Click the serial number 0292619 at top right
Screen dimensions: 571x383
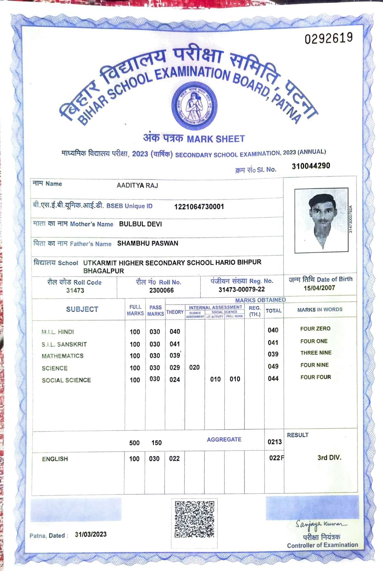click(328, 38)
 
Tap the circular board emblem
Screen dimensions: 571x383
click(194, 106)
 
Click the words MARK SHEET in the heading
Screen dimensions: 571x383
click(216, 139)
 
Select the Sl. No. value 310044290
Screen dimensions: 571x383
click(311, 166)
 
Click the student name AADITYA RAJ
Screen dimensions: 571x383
click(137, 185)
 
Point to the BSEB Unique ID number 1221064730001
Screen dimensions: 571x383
click(199, 207)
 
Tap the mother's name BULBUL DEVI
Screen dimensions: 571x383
click(140, 224)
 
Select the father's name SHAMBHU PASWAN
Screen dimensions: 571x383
click(148, 243)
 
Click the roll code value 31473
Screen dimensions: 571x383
click(75, 290)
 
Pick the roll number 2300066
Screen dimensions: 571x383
click(161, 290)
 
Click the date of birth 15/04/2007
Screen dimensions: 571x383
click(319, 288)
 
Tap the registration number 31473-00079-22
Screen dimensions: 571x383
click(242, 289)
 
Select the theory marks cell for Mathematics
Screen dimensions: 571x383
click(175, 356)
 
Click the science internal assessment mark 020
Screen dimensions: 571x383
click(194, 367)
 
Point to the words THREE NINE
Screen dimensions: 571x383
click(316, 353)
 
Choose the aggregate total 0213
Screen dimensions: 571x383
click(274, 442)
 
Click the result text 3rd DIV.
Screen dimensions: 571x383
click(329, 457)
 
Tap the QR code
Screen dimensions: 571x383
click(194, 519)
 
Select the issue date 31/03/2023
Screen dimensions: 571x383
click(91, 534)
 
